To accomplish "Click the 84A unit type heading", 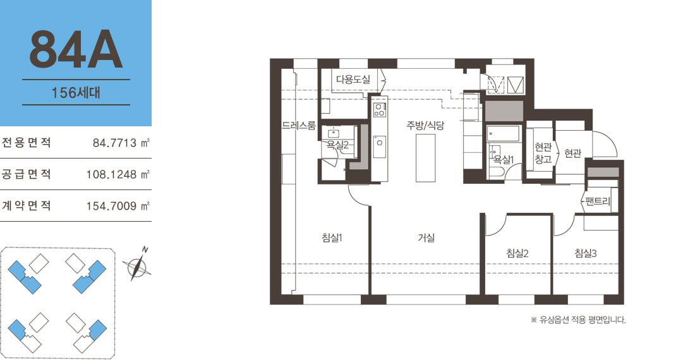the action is (x=76, y=50).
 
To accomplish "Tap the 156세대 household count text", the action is (x=76, y=93).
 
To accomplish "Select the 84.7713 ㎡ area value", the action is (x=121, y=143).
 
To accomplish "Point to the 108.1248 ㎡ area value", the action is (x=118, y=174).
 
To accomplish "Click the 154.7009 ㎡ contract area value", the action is (x=118, y=205).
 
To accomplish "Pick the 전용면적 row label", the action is (x=26, y=143).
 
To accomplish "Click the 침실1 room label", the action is (x=332, y=237).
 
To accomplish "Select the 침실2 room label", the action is (x=517, y=253).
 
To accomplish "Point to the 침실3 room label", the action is (x=586, y=253).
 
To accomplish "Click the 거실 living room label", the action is (x=426, y=237).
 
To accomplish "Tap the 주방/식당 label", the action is (x=425, y=125).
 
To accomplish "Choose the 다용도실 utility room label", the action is (x=353, y=79).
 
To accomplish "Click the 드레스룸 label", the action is (x=299, y=126).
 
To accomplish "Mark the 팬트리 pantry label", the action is (x=598, y=201).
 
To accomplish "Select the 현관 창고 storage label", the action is (x=543, y=153).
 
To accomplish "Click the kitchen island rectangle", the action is (x=425, y=158).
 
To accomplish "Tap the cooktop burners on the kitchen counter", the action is (x=380, y=109).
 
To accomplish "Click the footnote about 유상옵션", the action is (x=578, y=320).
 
